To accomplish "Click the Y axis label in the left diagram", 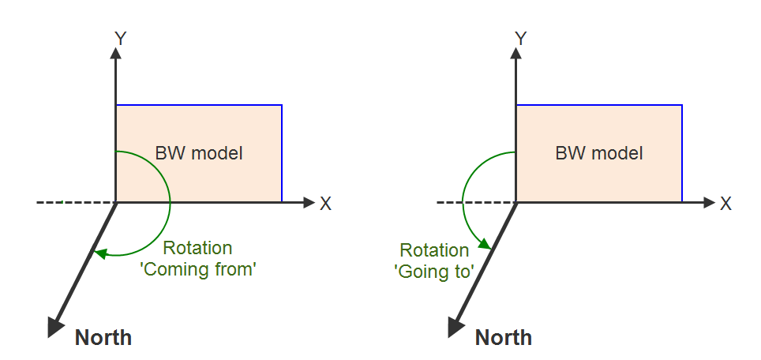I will coord(121,37).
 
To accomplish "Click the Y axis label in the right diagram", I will coord(520,37).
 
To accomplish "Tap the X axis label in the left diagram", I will coord(325,204).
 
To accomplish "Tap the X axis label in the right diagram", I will coord(725,204).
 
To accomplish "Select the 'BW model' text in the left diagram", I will coord(199,153).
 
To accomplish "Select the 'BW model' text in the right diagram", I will coord(598,153).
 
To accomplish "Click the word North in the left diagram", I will coord(103,339).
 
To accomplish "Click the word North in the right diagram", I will coord(503,339).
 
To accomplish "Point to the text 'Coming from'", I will coord(211,268).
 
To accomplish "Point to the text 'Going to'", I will coord(433,272).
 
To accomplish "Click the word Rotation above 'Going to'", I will coord(434,251).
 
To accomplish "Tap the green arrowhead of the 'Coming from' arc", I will coord(99,253).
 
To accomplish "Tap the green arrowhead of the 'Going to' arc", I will coord(489,246).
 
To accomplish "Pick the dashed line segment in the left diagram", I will coord(76,203).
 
